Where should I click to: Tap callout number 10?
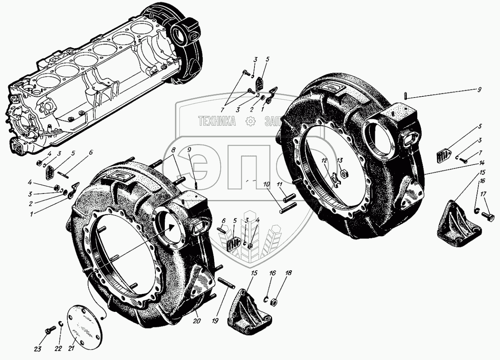266,185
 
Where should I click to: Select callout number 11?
279,185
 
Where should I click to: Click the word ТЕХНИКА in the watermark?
217,121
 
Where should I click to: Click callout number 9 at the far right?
480,89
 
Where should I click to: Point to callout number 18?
289,273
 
